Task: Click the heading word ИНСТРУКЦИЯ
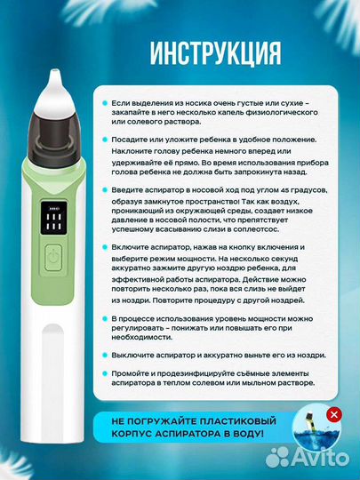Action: (x=215, y=53)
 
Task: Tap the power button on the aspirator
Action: (x=53, y=258)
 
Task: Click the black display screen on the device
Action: (x=54, y=218)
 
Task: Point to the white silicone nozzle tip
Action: (x=55, y=92)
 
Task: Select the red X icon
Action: (x=334, y=415)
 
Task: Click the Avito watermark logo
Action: (x=307, y=458)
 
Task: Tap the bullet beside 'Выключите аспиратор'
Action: (x=105, y=356)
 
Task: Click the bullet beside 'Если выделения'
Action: (x=105, y=103)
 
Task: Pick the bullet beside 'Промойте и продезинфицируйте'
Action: (x=105, y=373)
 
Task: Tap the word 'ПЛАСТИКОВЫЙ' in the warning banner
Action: (x=238, y=421)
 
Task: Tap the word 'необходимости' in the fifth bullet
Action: (x=141, y=338)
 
